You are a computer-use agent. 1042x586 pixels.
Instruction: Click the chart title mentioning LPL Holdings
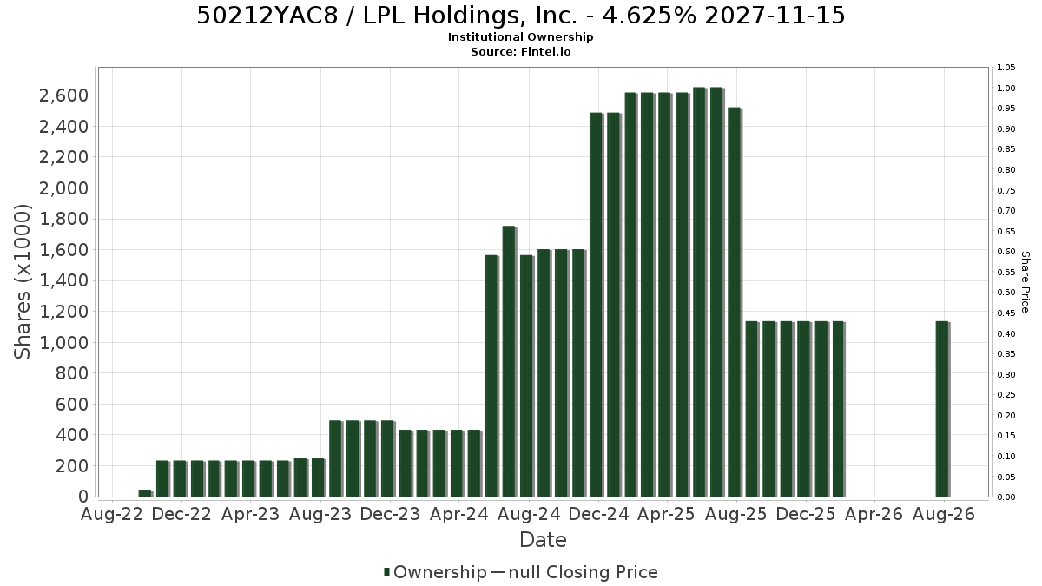click(520, 16)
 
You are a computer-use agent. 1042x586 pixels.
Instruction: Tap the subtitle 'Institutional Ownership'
click(520, 37)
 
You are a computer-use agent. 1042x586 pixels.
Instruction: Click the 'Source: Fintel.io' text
click(520, 51)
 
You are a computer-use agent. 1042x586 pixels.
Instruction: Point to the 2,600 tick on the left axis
click(63, 95)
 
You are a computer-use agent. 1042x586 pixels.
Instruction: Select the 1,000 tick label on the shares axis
click(63, 343)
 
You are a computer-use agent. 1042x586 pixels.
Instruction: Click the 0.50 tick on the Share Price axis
click(1006, 293)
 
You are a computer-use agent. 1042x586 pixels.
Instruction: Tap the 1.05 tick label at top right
click(1006, 68)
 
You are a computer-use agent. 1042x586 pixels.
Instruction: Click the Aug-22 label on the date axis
click(112, 514)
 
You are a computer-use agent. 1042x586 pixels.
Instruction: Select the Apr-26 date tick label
click(874, 514)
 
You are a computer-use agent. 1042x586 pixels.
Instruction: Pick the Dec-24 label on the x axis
click(598, 514)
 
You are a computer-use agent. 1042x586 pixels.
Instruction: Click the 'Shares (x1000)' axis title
click(22, 281)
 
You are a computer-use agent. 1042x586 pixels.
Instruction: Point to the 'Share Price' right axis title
click(1025, 282)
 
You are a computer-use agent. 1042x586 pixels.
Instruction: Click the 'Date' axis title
click(543, 540)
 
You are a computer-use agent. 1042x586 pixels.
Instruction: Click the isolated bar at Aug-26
click(942, 409)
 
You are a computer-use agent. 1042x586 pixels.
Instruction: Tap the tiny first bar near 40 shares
click(145, 493)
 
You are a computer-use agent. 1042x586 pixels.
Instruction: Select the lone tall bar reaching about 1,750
click(509, 361)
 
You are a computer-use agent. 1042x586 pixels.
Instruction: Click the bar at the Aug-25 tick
click(735, 302)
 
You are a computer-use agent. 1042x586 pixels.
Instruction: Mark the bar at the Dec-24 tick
click(596, 305)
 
